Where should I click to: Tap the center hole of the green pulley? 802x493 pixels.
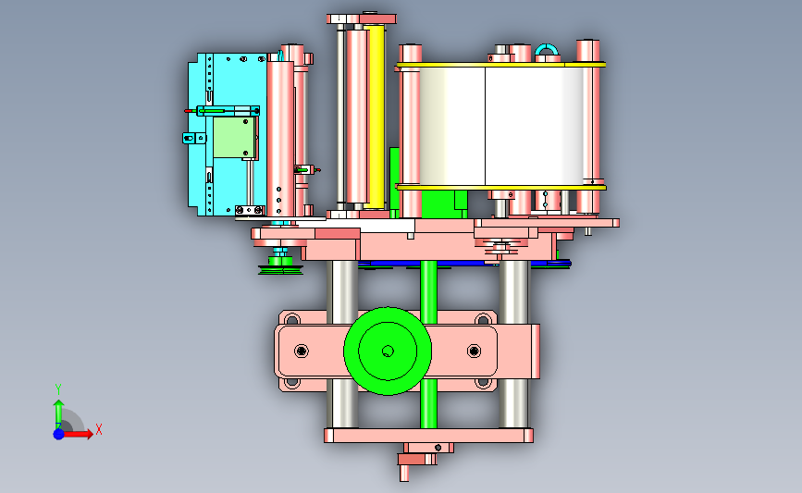pyautogui.click(x=388, y=351)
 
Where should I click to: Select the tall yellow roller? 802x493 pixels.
pyautogui.click(x=375, y=117)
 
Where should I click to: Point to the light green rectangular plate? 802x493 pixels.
pyautogui.click(x=234, y=138)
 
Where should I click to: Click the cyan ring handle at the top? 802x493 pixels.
pyautogui.click(x=547, y=49)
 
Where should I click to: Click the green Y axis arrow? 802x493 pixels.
pyautogui.click(x=58, y=413)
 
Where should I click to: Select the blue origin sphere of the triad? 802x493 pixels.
pyautogui.click(x=58, y=434)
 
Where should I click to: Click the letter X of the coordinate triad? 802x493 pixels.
pyautogui.click(x=99, y=429)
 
